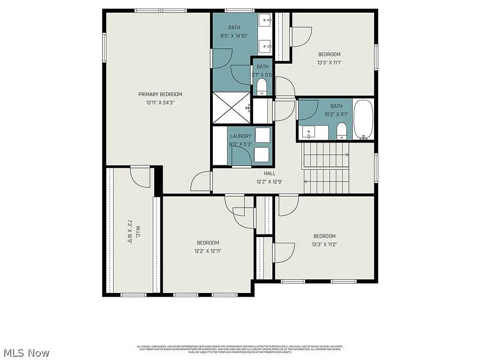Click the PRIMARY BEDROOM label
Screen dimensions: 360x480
point(160,94)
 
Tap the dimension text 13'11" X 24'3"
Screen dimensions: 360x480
point(160,102)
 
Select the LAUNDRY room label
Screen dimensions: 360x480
point(240,136)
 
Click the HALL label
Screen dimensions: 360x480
point(270,173)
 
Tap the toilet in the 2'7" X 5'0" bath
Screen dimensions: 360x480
point(262,87)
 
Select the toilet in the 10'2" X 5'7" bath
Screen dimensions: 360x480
point(342,130)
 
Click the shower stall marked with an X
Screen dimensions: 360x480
point(232,108)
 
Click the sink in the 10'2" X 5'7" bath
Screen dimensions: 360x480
point(308,133)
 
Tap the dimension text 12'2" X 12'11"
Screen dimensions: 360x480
point(208,251)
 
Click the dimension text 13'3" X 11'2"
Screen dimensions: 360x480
point(324,244)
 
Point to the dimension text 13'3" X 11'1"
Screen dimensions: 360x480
point(329,62)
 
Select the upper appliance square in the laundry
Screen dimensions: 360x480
point(262,135)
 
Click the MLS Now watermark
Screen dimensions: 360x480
point(26,352)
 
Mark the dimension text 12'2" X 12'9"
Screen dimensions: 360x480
point(270,181)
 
